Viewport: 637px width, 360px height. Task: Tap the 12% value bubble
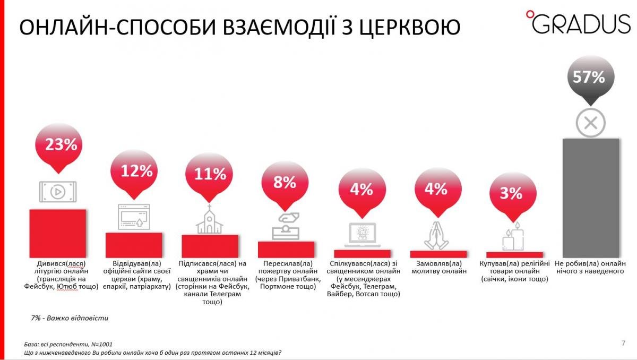136,170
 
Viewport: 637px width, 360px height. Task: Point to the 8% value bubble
285,183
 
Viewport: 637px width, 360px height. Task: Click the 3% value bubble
511,193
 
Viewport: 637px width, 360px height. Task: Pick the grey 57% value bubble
589,78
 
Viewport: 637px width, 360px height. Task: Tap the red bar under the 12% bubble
134,245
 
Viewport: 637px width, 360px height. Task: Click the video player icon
57,191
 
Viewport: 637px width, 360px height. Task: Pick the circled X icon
590,124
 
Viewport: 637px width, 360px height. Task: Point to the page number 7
623,342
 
